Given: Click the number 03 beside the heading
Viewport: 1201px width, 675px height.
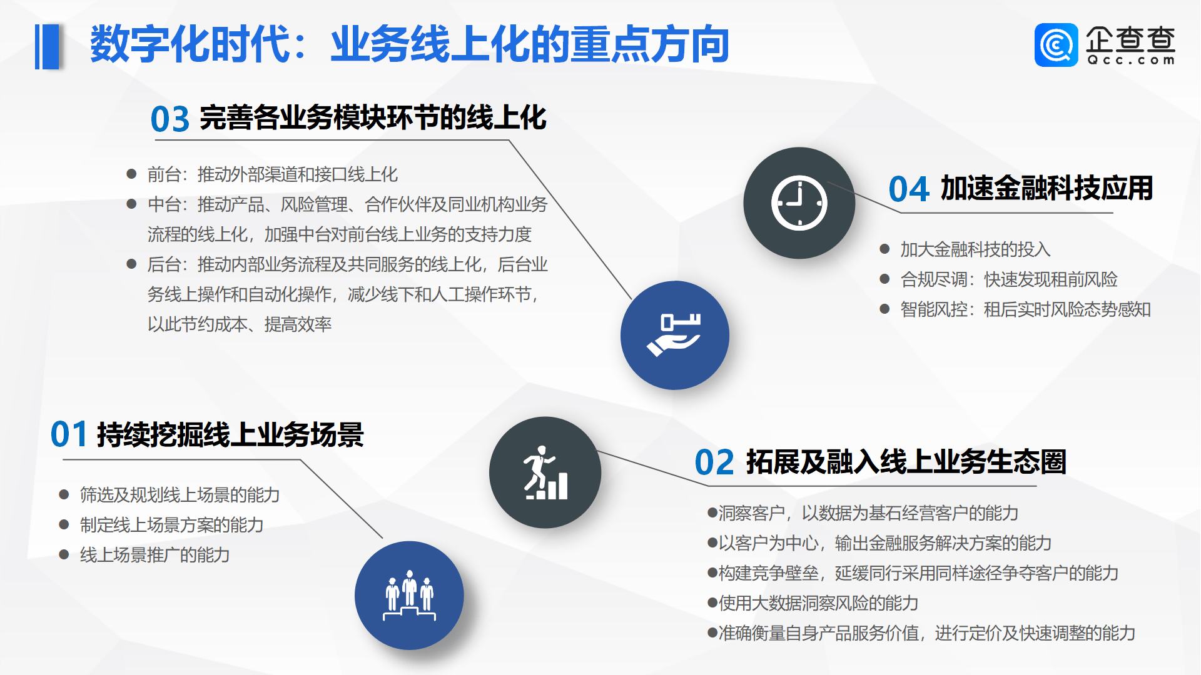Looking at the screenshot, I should click(170, 119).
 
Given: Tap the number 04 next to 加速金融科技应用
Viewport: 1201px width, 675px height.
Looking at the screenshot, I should click(908, 189).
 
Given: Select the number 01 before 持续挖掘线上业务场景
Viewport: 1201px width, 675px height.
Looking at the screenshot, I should click(69, 435).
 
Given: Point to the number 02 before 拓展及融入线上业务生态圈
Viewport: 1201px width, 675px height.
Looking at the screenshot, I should click(714, 463).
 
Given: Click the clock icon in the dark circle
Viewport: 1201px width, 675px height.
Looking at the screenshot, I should click(799, 203).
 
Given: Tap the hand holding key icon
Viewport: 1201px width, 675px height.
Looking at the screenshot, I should click(674, 335).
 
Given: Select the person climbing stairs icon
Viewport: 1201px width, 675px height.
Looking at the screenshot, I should click(545, 473).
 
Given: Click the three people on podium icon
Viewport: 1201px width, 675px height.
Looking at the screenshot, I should click(409, 595).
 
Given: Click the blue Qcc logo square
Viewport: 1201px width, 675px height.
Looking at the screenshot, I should click(1056, 45).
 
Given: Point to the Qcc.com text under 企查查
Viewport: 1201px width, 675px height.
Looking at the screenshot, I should click(1131, 61).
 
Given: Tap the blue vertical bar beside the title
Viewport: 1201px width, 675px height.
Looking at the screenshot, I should click(48, 46).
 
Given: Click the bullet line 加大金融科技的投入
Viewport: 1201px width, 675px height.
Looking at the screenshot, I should click(975, 249).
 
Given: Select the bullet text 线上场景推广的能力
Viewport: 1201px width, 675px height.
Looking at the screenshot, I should click(155, 555).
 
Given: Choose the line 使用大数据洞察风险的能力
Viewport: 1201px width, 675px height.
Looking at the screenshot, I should click(818, 603).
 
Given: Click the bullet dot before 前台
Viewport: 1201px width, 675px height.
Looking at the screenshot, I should click(131, 174).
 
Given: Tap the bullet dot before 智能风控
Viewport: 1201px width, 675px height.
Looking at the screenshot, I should click(884, 309).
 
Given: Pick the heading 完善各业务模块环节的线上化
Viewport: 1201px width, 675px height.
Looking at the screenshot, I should click(373, 118).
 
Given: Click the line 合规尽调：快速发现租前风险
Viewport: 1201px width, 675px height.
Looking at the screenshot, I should click(1008, 279).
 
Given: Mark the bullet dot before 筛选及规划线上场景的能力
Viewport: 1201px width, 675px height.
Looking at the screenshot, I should click(64, 494).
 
